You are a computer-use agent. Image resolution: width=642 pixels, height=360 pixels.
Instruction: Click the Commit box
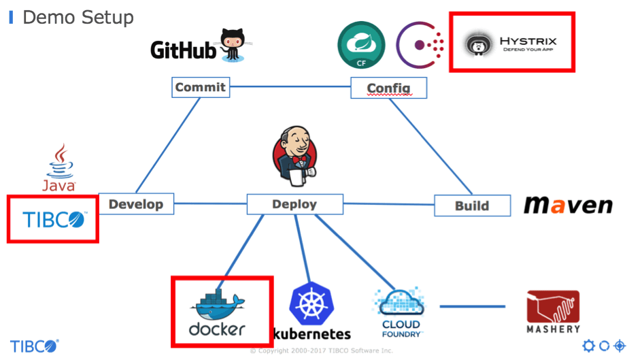pyautogui.click(x=200, y=87)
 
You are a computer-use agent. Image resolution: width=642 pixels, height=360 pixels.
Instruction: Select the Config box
pyautogui.click(x=388, y=88)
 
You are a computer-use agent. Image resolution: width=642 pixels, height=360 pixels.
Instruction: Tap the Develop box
pyautogui.click(x=136, y=203)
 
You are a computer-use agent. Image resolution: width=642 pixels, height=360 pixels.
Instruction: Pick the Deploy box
pyautogui.click(x=294, y=203)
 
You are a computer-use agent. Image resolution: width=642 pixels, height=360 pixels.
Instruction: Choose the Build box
pyautogui.click(x=472, y=206)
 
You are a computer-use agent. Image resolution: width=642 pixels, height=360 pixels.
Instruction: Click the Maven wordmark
pyautogui.click(x=568, y=205)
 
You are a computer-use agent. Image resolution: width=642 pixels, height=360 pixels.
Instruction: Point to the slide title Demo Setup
pyautogui.click(x=78, y=17)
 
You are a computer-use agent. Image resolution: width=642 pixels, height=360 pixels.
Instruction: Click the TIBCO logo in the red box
pyautogui.click(x=53, y=219)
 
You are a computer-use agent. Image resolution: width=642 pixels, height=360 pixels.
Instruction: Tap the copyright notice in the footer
pyautogui.click(x=321, y=350)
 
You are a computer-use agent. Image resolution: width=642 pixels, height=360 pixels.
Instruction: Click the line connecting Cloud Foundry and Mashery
pyautogui.click(x=473, y=306)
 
